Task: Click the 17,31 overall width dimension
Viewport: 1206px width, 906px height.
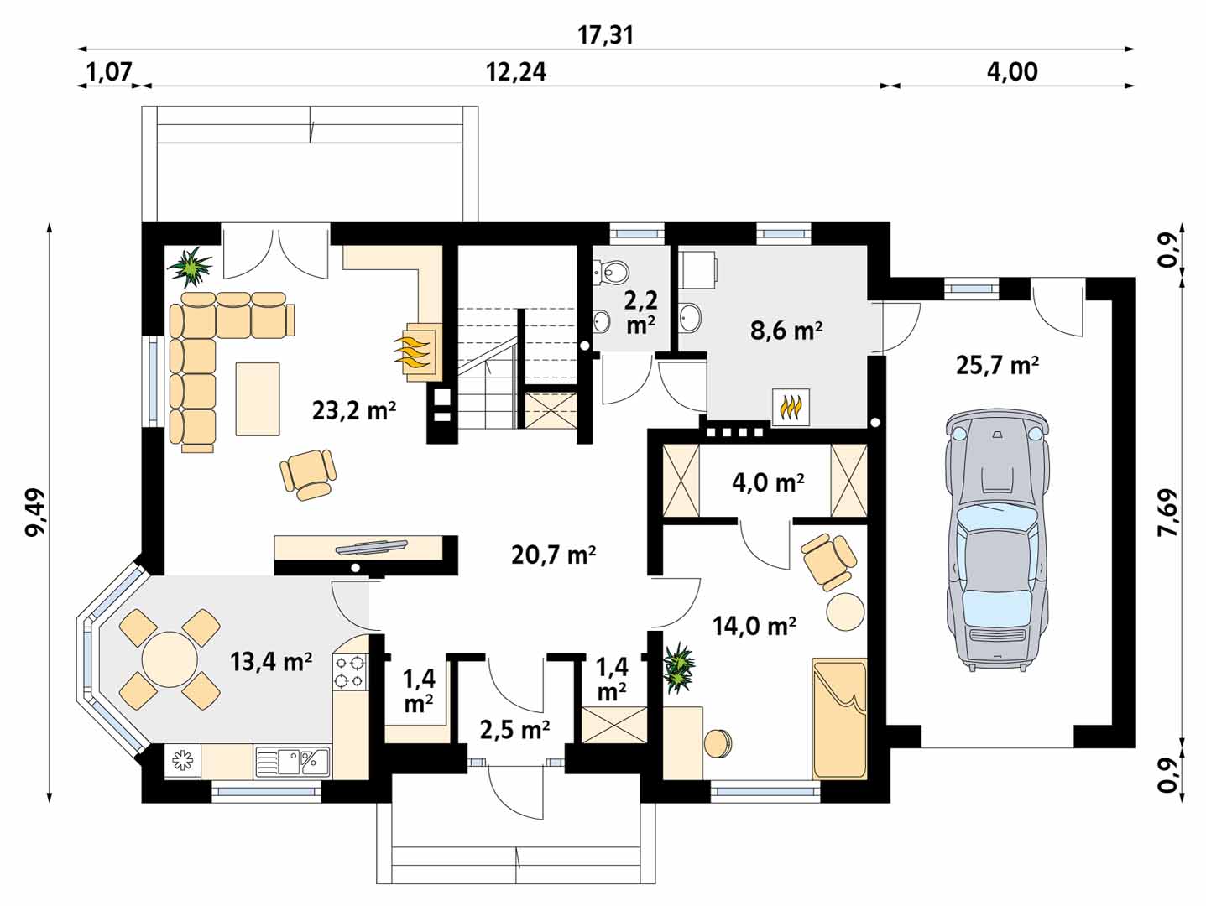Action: click(605, 36)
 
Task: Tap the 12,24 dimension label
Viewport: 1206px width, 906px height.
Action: click(516, 72)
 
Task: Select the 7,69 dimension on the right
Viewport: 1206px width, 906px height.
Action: click(1169, 513)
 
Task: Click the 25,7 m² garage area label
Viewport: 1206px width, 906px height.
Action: click(997, 365)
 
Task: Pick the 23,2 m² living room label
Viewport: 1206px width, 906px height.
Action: click(354, 410)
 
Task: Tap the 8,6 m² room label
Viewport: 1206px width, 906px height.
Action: click(786, 331)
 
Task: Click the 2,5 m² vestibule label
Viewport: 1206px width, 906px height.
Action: click(514, 730)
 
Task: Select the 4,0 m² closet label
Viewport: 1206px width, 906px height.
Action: click(768, 482)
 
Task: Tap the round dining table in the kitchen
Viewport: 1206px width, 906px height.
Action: click(170, 659)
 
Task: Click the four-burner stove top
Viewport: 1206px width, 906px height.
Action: click(350, 672)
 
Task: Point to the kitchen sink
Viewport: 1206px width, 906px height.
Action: click(292, 761)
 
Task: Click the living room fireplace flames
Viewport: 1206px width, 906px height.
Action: click(411, 352)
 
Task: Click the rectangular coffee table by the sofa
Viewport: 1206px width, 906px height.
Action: click(258, 398)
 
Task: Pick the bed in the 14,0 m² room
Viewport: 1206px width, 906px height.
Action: click(839, 718)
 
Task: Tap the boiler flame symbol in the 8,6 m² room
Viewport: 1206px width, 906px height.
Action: click(791, 408)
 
